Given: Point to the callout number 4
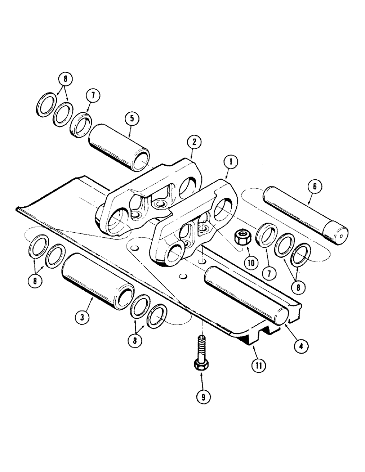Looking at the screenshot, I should [301, 344].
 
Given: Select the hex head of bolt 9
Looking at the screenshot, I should [202, 365].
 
